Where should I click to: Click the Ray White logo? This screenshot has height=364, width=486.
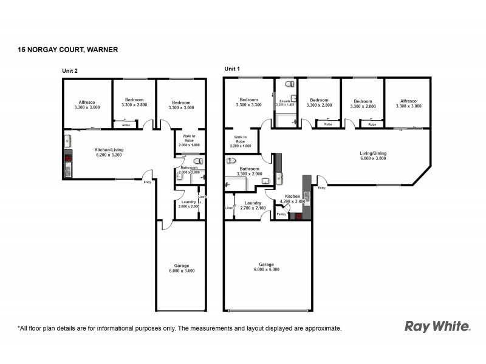point(437,326)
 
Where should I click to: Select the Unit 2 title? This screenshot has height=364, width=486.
point(70,70)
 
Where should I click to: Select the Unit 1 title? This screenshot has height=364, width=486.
point(232,69)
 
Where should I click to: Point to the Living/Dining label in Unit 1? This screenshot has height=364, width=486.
point(373,153)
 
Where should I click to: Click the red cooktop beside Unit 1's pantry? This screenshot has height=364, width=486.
point(298,215)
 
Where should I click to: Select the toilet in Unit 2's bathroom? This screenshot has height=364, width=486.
point(198,161)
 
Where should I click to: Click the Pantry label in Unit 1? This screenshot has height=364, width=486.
point(281,214)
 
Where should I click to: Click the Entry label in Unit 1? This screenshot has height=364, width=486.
point(321,187)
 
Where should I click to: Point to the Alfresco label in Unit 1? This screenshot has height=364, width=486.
point(408,101)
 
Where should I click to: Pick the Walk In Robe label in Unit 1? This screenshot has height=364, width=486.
point(241,139)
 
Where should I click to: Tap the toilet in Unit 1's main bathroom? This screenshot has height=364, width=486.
point(231,161)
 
